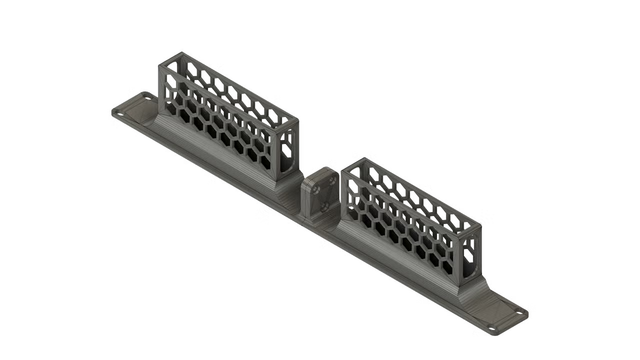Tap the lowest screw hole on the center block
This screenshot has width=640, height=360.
click(325, 205)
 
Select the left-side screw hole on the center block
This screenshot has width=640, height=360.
click(315, 189)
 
